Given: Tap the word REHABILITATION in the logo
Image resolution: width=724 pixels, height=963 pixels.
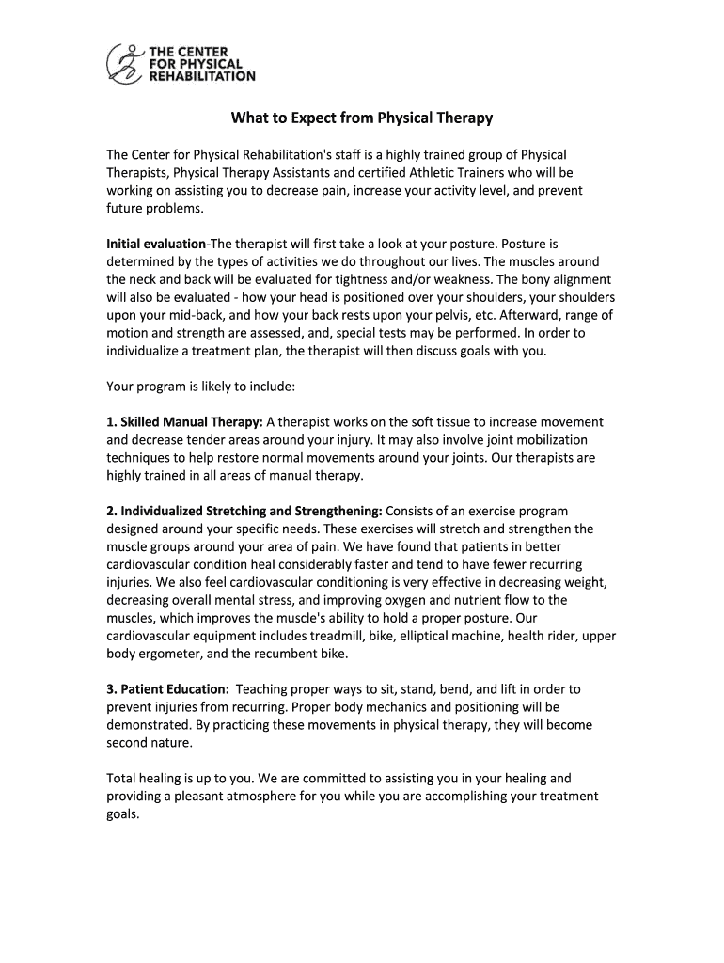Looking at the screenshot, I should pyautogui.click(x=202, y=77).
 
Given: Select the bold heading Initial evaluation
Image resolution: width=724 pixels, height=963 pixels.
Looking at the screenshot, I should pyautogui.click(x=156, y=245).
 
